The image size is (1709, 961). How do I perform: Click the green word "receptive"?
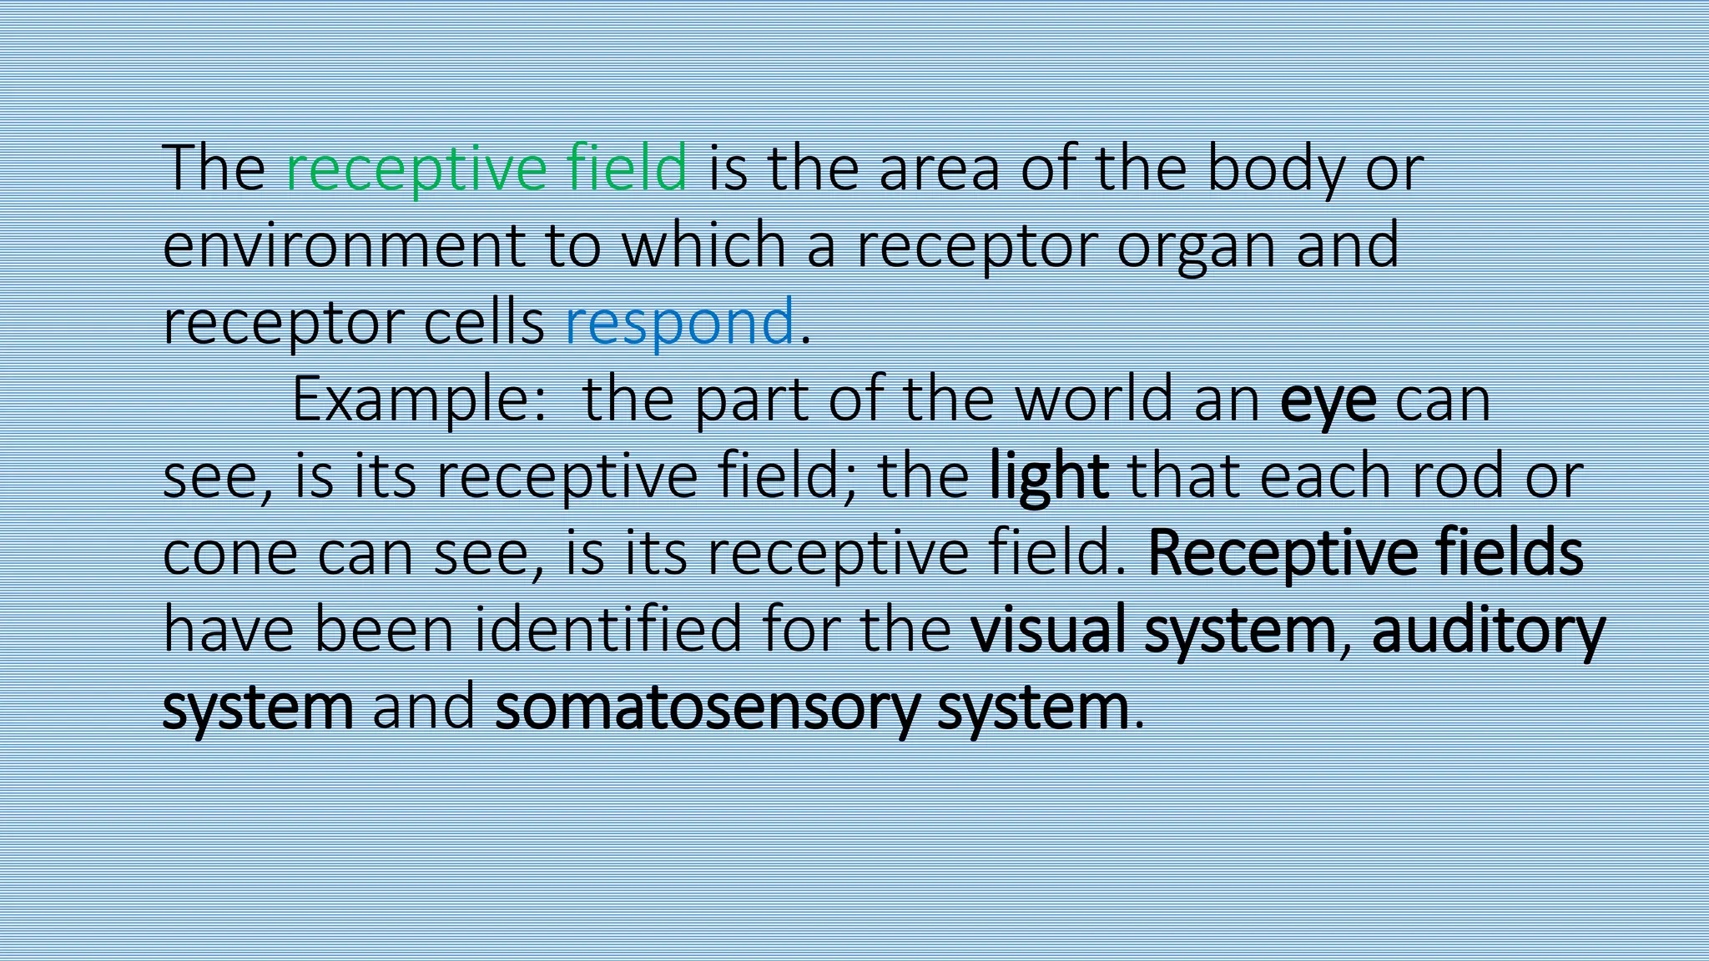point(416,169)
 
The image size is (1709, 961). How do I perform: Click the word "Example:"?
point(419,400)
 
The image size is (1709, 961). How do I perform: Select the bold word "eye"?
point(1328,401)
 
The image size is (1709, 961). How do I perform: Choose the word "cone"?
point(230,555)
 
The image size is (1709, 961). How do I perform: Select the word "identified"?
point(608,629)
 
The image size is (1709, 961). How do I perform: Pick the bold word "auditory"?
point(1488,631)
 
